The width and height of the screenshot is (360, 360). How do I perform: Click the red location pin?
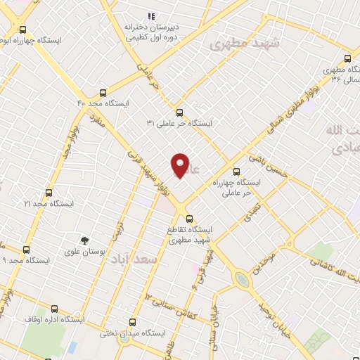click(181, 165)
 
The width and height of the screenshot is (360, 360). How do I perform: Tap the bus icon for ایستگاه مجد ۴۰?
click(103, 92)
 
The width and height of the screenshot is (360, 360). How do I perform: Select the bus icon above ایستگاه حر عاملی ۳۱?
click(179, 112)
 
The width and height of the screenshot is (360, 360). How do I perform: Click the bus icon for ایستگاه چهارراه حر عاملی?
click(236, 170)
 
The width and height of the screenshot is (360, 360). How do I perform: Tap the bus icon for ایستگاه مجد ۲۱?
click(48, 192)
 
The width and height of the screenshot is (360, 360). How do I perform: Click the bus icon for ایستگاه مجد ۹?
click(27, 249)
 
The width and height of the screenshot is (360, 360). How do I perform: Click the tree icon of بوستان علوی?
click(85, 240)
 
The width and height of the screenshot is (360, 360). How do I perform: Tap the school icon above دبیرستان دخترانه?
click(150, 17)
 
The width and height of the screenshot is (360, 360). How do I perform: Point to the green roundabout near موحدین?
click(243, 280)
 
